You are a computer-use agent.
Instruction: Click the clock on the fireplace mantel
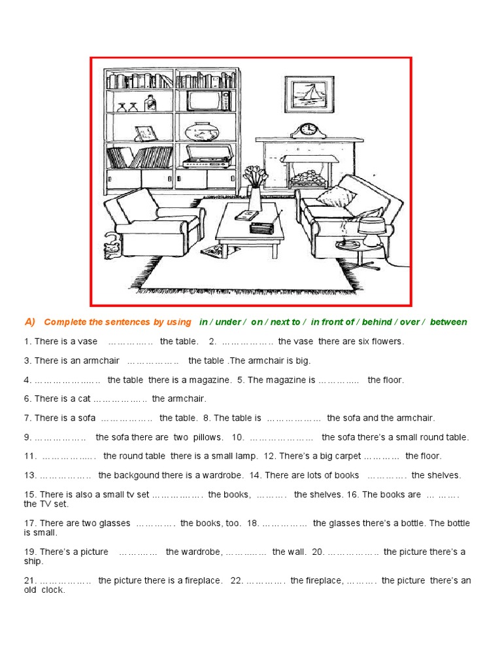tap(307, 131)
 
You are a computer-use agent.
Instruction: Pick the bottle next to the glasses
tap(151, 102)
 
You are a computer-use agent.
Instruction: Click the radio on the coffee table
tap(262, 228)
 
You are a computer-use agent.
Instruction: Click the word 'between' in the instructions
tap(449, 322)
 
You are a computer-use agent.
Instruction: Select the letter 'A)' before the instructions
tap(30, 321)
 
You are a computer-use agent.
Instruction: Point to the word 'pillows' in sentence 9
tap(209, 437)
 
